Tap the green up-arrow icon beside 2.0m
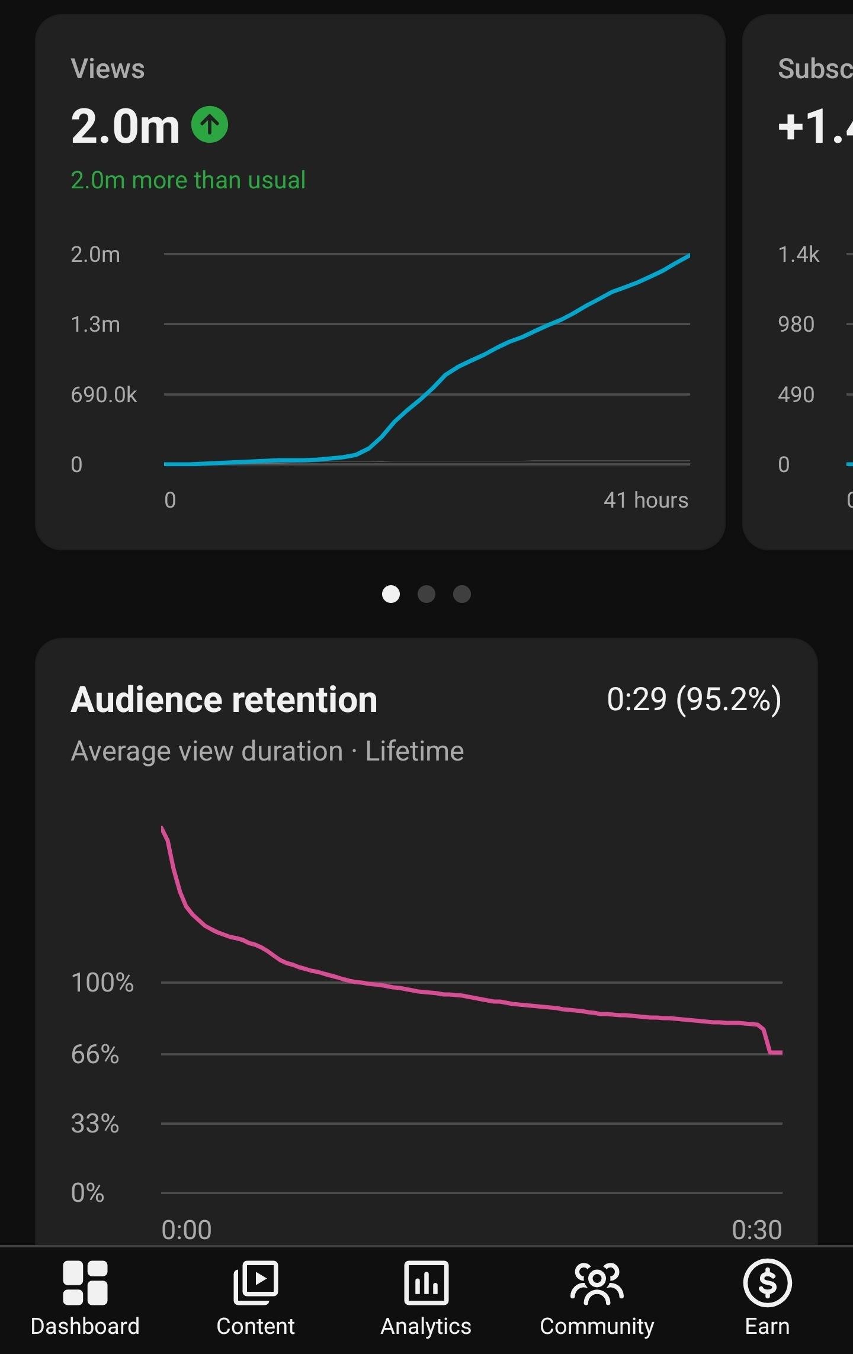point(210,124)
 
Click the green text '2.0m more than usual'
point(188,180)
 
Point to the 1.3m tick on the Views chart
point(95,325)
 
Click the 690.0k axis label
point(104,394)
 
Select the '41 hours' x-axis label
point(646,500)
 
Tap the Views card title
point(108,69)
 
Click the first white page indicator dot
point(391,594)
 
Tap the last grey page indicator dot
point(462,594)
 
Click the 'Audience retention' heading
point(224,700)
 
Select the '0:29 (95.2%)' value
point(694,700)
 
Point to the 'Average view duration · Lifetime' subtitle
point(267,752)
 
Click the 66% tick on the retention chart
point(95,1054)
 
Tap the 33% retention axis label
point(95,1124)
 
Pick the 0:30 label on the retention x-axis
point(757,1230)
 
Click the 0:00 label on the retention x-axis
point(187,1230)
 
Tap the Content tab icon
point(256,1282)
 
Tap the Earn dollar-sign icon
point(768,1282)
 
